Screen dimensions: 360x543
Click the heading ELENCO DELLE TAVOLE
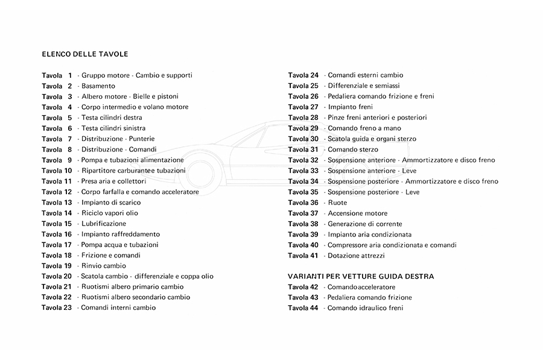[x=85, y=54]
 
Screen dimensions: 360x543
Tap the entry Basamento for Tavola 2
[x=98, y=86]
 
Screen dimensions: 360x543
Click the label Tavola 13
[x=57, y=203]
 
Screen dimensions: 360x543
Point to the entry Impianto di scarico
[x=111, y=203]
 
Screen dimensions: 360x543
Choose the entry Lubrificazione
[x=104, y=224]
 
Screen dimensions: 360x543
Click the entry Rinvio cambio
[x=104, y=266]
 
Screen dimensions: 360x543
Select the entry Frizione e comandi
[x=111, y=255]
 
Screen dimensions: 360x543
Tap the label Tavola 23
[x=57, y=308]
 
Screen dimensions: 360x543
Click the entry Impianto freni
[x=351, y=107]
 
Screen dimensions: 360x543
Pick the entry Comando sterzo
[x=353, y=150]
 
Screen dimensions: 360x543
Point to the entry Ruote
[x=337, y=203]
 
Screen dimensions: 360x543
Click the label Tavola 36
[x=303, y=203]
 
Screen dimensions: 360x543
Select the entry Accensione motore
[x=358, y=213]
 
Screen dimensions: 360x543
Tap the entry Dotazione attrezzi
[x=356, y=256]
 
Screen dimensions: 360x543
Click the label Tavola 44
[x=303, y=308]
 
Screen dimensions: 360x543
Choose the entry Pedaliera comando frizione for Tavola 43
[x=370, y=297]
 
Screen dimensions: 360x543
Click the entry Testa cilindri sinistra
[x=113, y=128]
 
